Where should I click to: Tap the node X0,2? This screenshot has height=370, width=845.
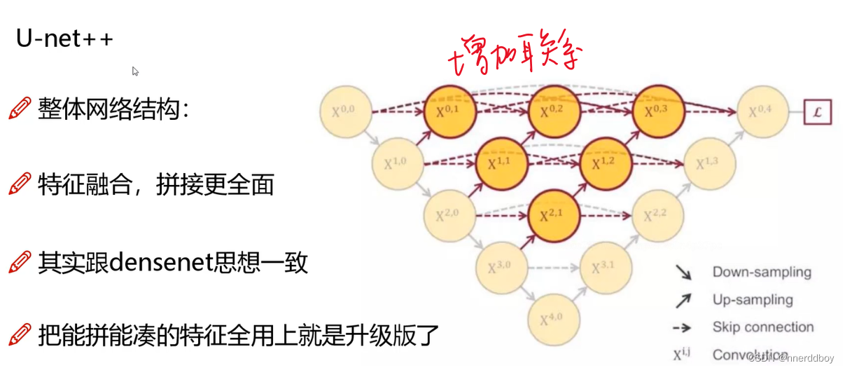[x=554, y=111]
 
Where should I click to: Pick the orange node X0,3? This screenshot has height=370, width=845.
[x=658, y=111]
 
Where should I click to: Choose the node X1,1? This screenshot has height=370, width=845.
[x=502, y=164]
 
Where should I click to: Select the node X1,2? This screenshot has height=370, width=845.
[x=606, y=164]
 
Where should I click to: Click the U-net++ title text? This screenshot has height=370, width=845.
[x=64, y=39]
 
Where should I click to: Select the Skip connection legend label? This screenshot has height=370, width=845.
[x=763, y=327]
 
